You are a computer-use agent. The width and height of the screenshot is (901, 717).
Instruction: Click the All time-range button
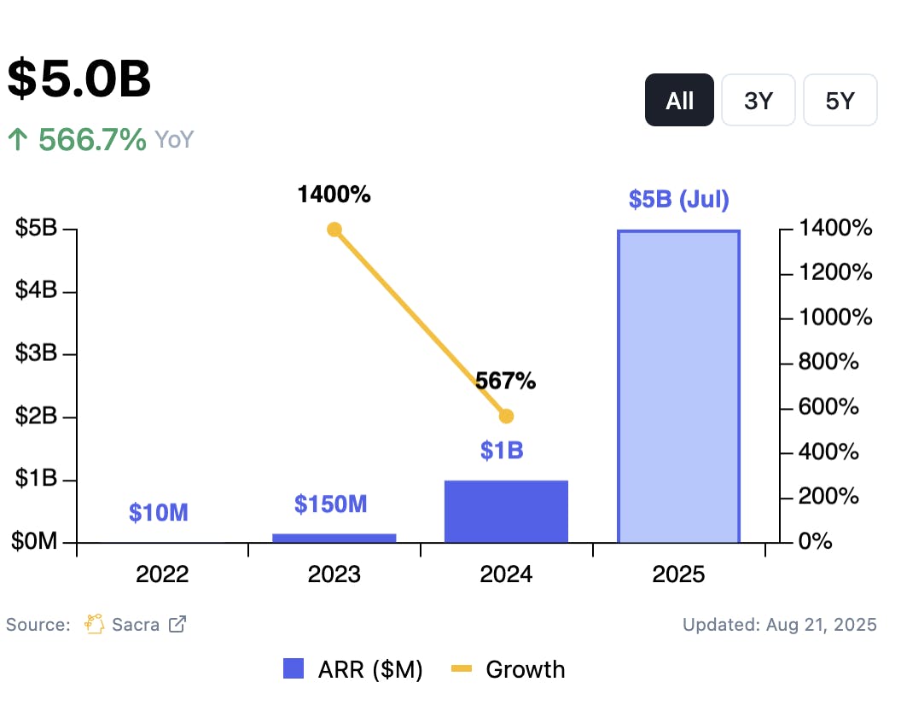679,101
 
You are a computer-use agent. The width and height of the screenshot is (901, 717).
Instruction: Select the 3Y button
758,101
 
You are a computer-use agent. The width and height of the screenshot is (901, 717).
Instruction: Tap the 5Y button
840,101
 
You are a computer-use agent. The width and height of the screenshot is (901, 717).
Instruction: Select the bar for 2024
506,511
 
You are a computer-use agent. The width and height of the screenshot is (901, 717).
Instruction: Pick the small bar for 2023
334,538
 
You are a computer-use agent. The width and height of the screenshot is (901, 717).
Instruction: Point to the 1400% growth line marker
334,230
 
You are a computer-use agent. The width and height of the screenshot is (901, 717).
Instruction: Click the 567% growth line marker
506,416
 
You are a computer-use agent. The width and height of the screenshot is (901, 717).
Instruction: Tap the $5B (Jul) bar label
678,200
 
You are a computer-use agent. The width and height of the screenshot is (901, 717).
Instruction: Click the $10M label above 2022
159,512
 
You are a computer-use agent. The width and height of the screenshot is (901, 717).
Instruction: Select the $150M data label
331,504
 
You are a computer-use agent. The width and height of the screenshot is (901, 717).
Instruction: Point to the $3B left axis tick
36,353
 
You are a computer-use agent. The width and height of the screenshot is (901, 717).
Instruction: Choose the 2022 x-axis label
162,574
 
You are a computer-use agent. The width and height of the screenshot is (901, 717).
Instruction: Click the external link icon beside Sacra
177,624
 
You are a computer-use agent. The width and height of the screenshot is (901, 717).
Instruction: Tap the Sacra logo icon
94,624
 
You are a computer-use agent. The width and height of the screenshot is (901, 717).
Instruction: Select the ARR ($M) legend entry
353,670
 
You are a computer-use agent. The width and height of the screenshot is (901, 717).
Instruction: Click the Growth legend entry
509,670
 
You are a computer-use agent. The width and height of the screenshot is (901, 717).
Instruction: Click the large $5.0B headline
79,79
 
